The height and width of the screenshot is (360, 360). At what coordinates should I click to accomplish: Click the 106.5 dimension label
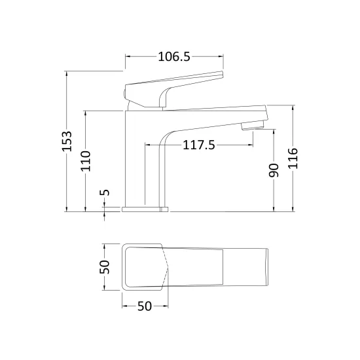click(174, 56)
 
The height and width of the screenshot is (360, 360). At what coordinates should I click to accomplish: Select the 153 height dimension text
click(67, 141)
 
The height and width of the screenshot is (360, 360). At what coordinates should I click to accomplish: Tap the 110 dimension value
click(86, 161)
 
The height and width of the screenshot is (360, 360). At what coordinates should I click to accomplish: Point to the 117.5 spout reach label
click(199, 145)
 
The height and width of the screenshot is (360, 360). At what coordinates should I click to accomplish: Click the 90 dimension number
click(274, 170)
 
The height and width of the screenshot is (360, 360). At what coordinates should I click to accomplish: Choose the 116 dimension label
click(293, 158)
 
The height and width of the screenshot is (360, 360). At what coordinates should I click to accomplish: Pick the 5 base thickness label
click(105, 192)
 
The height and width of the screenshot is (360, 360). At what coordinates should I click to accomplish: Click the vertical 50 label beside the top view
click(105, 267)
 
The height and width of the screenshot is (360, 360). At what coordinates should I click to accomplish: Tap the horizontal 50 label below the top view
click(145, 306)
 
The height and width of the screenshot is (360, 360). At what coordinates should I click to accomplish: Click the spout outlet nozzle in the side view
click(253, 126)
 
